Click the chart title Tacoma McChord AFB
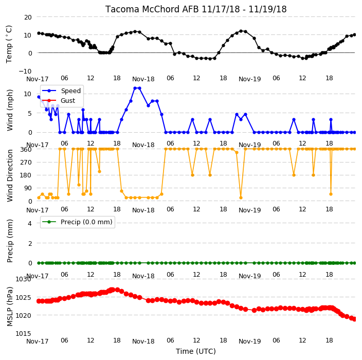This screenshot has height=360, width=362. pyautogui.click(x=152, y=9)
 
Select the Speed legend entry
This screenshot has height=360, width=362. pyautogui.click(x=70, y=91)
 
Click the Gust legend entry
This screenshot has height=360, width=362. pyautogui.click(x=68, y=101)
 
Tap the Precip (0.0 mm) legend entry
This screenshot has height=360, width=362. pyautogui.click(x=86, y=222)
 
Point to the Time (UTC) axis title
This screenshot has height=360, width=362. pyautogui.click(x=196, y=351)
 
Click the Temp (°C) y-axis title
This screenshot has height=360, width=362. pyautogui.click(x=9, y=44)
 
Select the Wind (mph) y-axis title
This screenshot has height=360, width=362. pyautogui.click(x=10, y=110)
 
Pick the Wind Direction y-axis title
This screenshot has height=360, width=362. pyautogui.click(x=10, y=175)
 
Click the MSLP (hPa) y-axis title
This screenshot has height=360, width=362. pyautogui.click(x=10, y=307)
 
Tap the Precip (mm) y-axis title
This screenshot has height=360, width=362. pyautogui.click(x=10, y=241)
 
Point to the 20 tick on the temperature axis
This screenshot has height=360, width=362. pyautogui.click(x=28, y=17)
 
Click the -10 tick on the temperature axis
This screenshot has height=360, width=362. pyautogui.click(x=25, y=71)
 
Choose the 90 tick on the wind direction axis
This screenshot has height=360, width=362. pyautogui.click(x=28, y=188)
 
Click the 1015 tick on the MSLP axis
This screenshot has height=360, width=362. pyautogui.click(x=23, y=333)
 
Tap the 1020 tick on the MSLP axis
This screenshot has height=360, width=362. pyautogui.click(x=23, y=315)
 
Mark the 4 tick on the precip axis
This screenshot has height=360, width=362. pyautogui.click(x=30, y=223)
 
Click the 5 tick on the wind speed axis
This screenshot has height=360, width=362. pyautogui.click(x=30, y=113)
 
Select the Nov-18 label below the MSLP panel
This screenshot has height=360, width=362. pyautogui.click(x=143, y=341)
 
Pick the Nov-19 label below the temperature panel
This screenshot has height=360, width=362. pyautogui.click(x=249, y=79)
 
